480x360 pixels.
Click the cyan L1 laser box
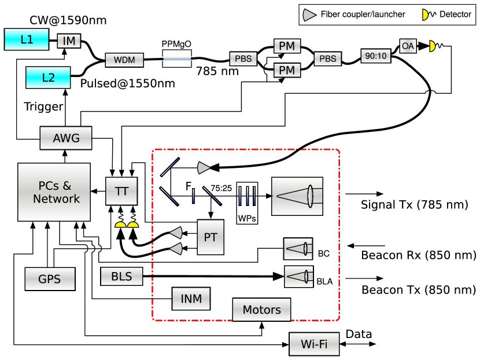click(x=27, y=39)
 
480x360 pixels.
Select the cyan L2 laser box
click(x=48, y=78)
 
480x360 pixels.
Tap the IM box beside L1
click(x=69, y=41)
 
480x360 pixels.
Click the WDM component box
click(x=124, y=60)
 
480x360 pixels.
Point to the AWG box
click(x=66, y=138)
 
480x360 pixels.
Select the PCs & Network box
click(x=54, y=192)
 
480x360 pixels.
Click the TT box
click(x=121, y=191)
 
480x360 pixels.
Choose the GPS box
click(x=50, y=279)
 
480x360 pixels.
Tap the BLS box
click(x=121, y=277)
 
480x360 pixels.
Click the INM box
click(x=191, y=299)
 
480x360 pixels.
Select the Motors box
click(x=261, y=310)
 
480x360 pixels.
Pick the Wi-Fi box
click(x=314, y=344)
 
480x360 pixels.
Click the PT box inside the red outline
click(x=211, y=237)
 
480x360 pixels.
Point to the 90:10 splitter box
click(x=375, y=56)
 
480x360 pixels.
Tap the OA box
click(x=408, y=46)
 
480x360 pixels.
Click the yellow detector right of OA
click(x=431, y=46)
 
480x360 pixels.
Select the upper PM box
click(x=287, y=46)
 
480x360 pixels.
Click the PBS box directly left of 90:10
click(x=328, y=59)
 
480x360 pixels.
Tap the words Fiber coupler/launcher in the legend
click(x=363, y=14)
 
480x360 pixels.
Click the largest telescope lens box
click(x=297, y=196)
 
